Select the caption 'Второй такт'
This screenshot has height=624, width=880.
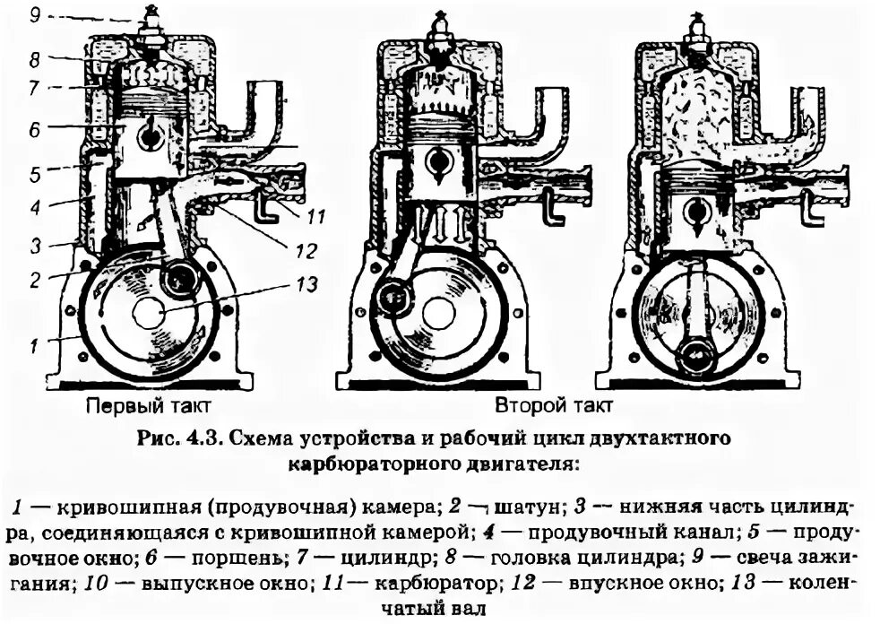(546, 405)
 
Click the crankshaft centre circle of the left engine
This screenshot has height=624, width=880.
(148, 314)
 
